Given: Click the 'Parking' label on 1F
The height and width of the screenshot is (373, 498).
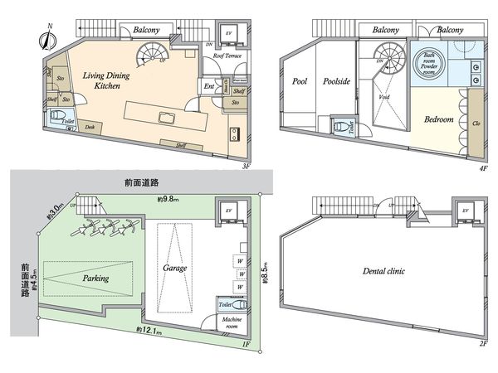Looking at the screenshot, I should tap(95, 279).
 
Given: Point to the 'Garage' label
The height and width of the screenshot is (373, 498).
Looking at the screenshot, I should tap(176, 269).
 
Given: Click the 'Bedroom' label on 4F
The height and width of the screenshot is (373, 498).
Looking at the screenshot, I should tap(438, 120).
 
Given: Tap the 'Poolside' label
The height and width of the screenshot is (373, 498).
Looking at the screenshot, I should tap(337, 83).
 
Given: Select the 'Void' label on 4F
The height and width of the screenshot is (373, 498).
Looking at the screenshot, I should tap(384, 96).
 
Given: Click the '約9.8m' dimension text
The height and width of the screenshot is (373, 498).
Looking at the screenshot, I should tap(170, 200).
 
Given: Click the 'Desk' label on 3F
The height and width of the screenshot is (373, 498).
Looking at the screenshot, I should tap(88, 127).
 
